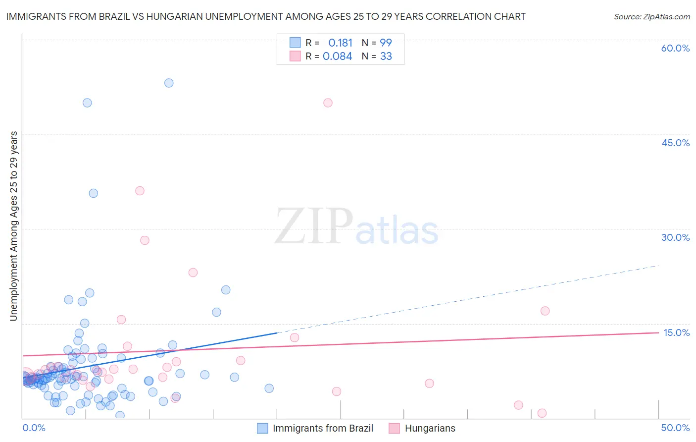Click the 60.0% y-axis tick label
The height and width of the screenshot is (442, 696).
click(675, 48)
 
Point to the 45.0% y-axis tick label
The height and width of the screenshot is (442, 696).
click(675, 143)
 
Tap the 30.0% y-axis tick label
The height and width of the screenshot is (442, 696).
click(675, 237)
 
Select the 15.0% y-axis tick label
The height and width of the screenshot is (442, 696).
click(676, 332)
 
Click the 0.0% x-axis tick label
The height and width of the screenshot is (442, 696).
click(34, 428)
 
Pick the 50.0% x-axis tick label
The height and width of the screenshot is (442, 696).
click(675, 428)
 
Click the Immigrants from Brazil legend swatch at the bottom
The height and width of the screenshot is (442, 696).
click(262, 428)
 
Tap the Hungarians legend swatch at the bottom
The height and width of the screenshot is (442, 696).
click(394, 428)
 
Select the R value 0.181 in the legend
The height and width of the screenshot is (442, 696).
click(340, 43)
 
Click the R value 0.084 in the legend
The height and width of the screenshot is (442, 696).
click(337, 56)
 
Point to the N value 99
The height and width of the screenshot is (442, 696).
click(386, 43)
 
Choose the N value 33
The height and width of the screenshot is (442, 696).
click(386, 56)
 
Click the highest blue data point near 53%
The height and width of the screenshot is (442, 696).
click(169, 83)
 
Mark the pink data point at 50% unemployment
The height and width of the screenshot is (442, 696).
click(328, 103)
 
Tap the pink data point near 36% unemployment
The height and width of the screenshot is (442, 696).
click(140, 191)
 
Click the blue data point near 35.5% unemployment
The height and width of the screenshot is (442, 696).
click(93, 193)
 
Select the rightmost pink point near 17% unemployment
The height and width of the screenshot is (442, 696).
click(545, 311)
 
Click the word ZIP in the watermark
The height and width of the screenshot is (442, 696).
click(314, 226)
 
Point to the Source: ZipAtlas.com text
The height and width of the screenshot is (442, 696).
click(651, 16)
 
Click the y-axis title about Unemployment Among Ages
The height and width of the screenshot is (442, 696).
click(13, 225)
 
